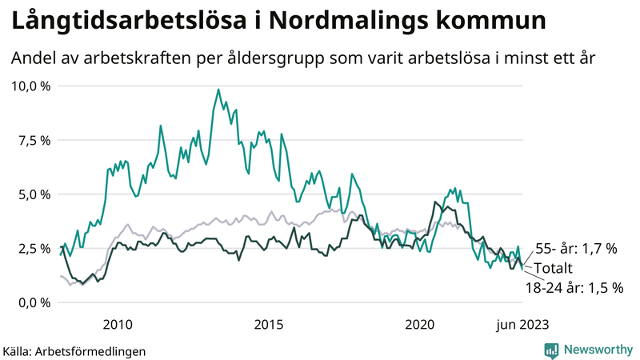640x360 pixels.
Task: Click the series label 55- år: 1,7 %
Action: coord(576,249)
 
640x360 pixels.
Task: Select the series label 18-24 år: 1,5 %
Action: coord(574,286)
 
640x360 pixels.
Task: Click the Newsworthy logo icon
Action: coord(551,350)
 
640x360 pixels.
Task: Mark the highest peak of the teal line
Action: coord(218,89)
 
